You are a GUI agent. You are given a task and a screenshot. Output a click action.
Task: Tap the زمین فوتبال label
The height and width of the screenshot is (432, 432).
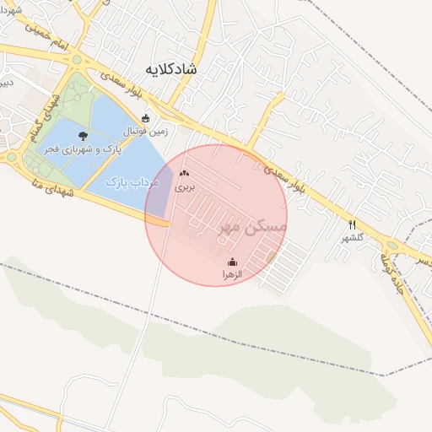pos(148,132)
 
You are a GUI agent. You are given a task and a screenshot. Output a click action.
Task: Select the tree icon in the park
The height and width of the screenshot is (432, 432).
pos(83,135)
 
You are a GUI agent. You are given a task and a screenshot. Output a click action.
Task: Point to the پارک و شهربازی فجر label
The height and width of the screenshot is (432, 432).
pos(84,148)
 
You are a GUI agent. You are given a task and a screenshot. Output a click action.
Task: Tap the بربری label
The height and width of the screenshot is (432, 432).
pos(185,187)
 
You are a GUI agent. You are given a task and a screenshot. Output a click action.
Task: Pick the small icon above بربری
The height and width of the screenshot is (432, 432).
pos(185,173)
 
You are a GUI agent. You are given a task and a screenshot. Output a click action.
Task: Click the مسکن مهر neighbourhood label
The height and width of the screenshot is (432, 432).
pos(253,226)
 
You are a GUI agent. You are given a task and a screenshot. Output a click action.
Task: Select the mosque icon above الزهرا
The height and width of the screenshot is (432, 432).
pos(233,262)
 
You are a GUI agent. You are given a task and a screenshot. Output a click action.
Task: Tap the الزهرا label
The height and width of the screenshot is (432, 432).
pos(232,275)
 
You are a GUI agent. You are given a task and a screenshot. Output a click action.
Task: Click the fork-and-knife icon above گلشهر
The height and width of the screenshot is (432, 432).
pos(352,224)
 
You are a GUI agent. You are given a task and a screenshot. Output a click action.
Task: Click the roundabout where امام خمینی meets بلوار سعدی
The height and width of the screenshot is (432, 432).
pos(78,60)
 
